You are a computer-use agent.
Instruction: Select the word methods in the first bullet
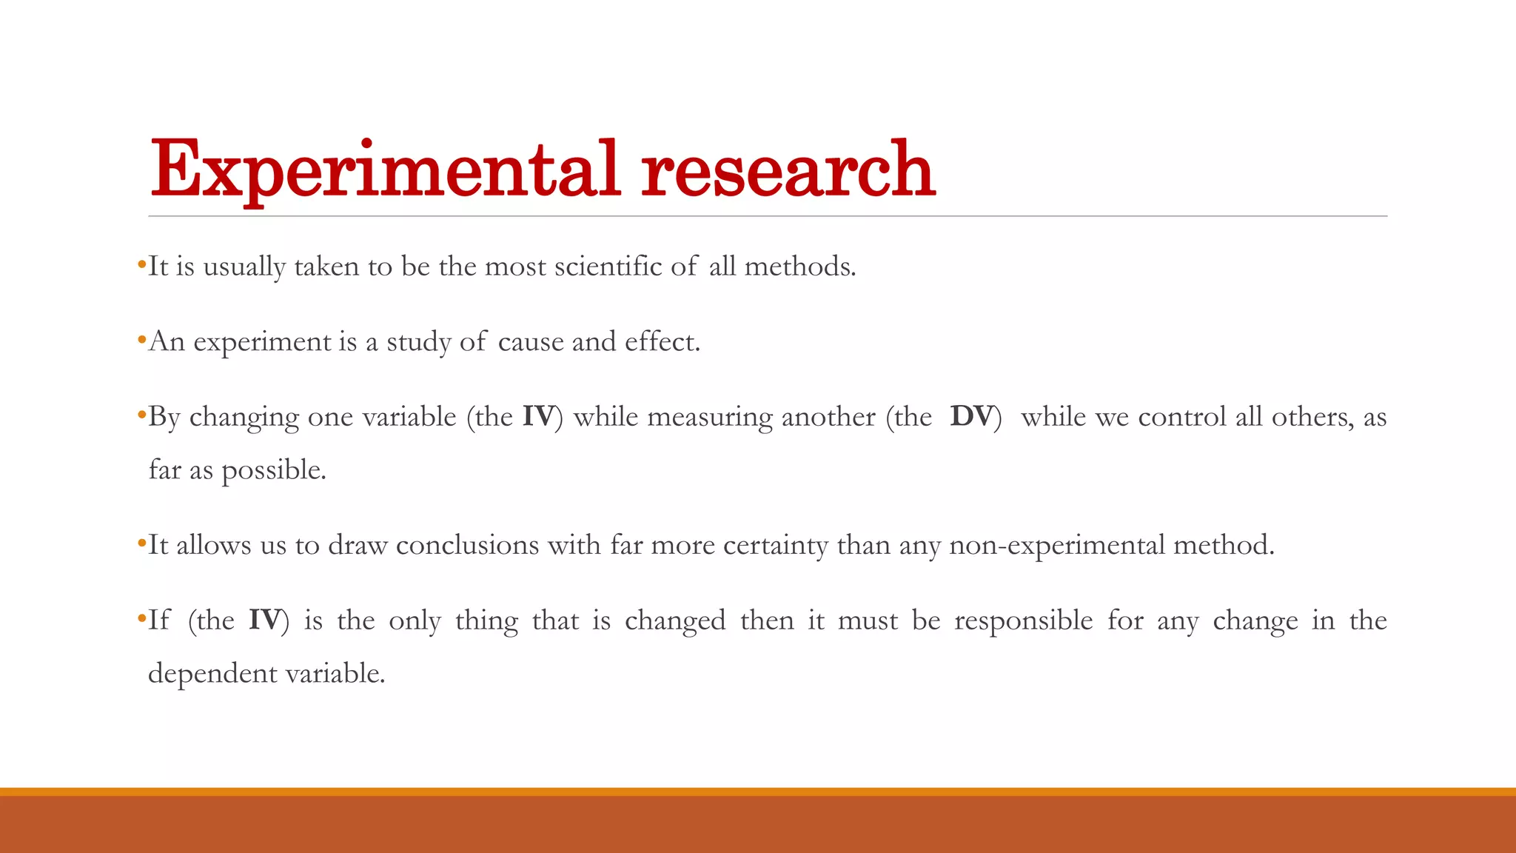coord(799,267)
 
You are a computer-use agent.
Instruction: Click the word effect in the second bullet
coord(662,342)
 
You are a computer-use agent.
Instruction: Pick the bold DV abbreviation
coord(971,417)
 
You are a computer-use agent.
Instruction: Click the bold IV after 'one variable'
coord(538,417)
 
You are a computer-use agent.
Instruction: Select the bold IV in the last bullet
coord(264,620)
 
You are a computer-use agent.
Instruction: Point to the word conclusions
coord(467,546)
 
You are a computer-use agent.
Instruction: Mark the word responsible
coord(1023,620)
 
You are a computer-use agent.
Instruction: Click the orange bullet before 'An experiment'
coord(141,341)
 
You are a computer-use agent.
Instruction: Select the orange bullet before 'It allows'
coord(141,544)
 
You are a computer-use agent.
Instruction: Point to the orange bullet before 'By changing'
coord(141,415)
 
